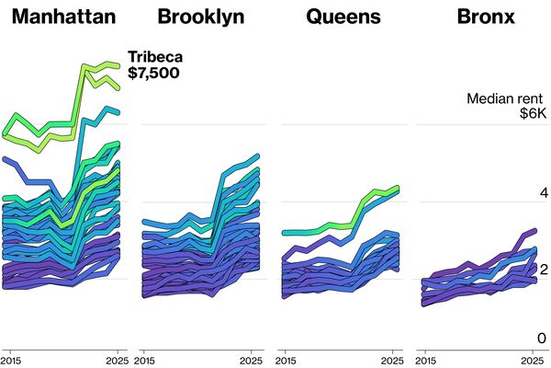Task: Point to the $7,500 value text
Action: click(154, 74)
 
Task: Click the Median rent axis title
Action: click(507, 98)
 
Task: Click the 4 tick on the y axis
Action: click(543, 193)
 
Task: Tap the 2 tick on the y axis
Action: click(543, 270)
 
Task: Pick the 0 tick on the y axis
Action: click(543, 339)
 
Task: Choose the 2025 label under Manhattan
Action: click(117, 359)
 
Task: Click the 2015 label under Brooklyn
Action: click(152, 359)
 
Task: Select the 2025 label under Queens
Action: click(392, 359)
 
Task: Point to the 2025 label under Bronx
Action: click(532, 359)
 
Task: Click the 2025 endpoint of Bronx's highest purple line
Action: click(534, 232)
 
